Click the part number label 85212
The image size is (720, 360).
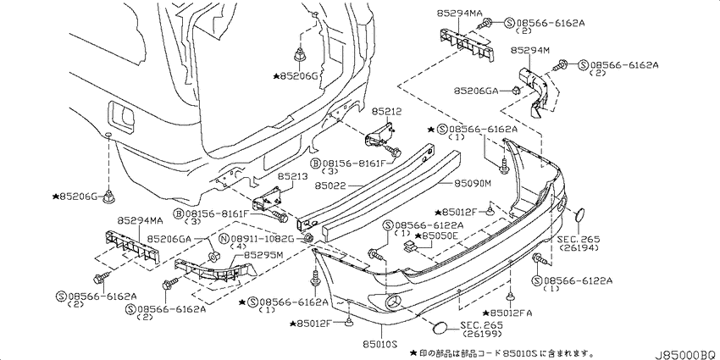(386, 112)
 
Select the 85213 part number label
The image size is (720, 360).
(291, 176)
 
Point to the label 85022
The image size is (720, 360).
(330, 186)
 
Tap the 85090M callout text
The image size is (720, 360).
(473, 184)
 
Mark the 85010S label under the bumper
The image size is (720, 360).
(379, 343)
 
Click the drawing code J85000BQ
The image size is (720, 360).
(686, 354)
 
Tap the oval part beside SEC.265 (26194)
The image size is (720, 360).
(580, 215)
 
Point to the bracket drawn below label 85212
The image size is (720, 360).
(380, 135)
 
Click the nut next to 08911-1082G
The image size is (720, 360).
(309, 238)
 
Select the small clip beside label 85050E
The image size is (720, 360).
(409, 247)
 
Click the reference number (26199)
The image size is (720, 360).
(483, 333)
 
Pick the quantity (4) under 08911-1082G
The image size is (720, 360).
(239, 246)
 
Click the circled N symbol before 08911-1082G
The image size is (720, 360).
(224, 239)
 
